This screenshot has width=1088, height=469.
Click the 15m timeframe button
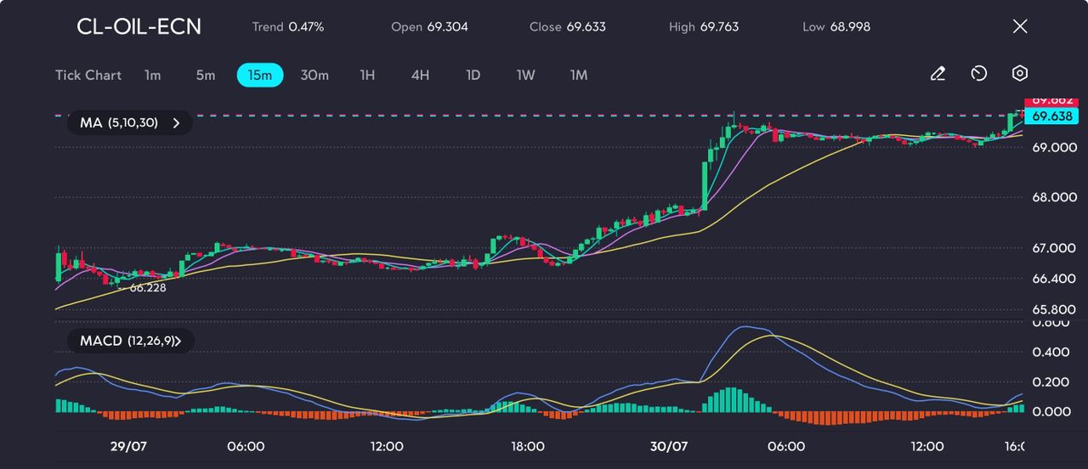(x=259, y=75)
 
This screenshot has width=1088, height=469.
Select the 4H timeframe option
(x=420, y=75)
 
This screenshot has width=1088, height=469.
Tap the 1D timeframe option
(x=473, y=75)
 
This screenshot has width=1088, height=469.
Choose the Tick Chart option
(x=88, y=75)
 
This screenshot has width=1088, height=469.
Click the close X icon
(x=1020, y=26)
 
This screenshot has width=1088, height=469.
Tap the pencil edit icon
(x=938, y=74)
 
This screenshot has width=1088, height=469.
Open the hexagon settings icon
(x=1020, y=74)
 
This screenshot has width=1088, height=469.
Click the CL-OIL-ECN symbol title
(x=139, y=26)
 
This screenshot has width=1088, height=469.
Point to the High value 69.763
(x=719, y=26)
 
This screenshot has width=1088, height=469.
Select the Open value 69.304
(x=447, y=26)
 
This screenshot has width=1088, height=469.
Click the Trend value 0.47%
(x=306, y=26)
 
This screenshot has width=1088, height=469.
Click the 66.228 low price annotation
(x=147, y=288)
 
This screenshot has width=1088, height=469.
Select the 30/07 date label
(x=669, y=446)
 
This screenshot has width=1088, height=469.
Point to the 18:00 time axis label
(x=528, y=446)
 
